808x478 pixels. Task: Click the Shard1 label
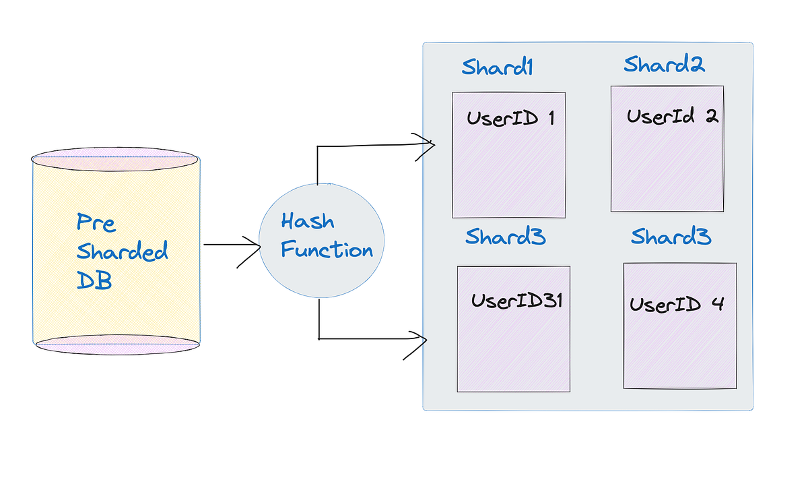(497, 67)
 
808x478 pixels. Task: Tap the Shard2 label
(664, 65)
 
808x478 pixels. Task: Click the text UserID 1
(510, 119)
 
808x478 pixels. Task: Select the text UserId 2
(672, 116)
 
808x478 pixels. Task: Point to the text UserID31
(516, 301)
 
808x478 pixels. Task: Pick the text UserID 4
(676, 304)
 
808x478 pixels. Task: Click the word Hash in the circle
(307, 221)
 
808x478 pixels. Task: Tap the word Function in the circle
(326, 250)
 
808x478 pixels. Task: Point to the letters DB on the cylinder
(94, 280)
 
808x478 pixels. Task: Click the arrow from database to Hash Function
(231, 246)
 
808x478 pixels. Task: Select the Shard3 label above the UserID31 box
(505, 237)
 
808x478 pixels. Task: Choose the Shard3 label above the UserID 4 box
(671, 237)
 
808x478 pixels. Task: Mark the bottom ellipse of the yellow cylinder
(117, 343)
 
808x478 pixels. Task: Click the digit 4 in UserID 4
(716, 304)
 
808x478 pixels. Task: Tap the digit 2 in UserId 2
(712, 116)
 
